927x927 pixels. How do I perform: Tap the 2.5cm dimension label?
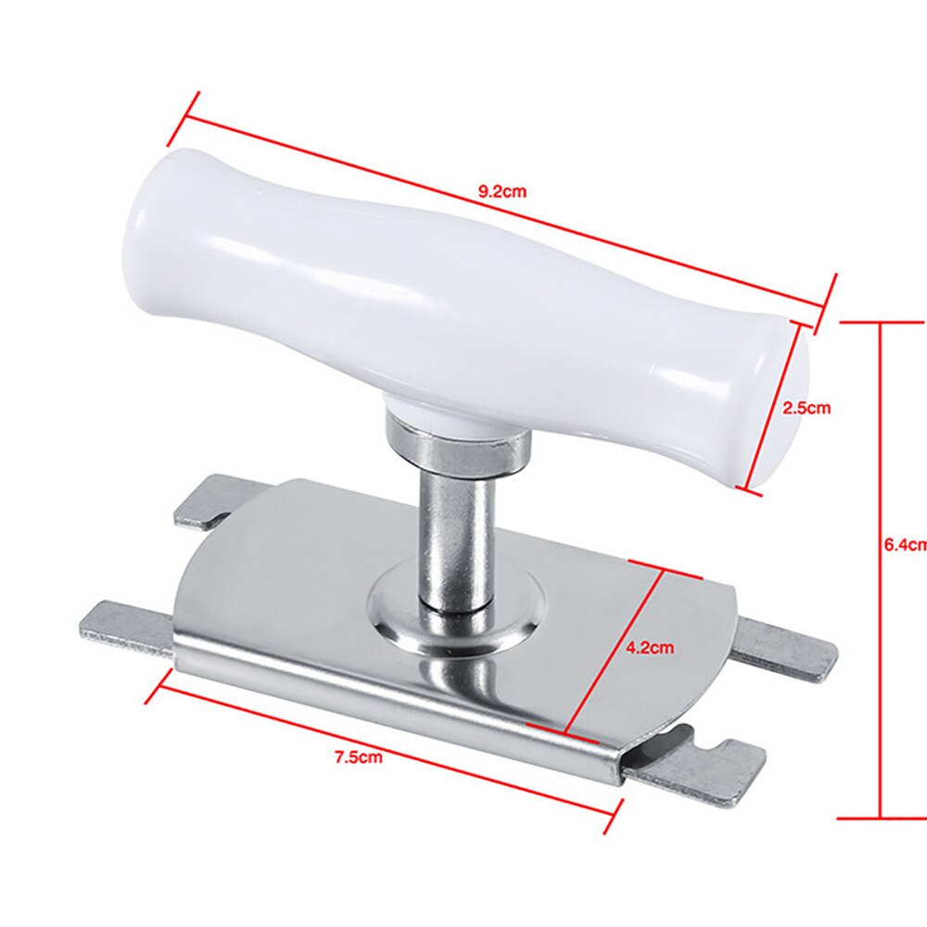coord(806,406)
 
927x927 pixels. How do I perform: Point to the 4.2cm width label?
coord(649,648)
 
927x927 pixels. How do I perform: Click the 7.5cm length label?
coord(359,757)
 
